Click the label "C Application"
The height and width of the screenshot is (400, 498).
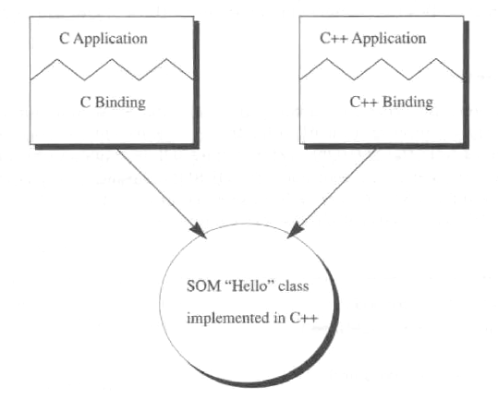103,39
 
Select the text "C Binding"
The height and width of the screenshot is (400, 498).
113,103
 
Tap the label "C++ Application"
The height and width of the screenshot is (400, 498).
373,39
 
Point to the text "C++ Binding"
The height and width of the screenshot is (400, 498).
392,103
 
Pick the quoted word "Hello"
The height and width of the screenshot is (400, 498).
249,286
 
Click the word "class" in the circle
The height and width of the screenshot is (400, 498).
294,286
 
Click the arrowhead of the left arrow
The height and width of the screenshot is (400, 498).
199,230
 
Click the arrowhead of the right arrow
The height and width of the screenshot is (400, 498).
296,230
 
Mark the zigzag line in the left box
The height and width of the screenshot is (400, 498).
112,69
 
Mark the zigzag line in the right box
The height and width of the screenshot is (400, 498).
382,69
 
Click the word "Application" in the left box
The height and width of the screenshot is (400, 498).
111,40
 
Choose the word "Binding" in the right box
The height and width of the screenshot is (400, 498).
407,103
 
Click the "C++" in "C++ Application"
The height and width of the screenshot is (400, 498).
334,38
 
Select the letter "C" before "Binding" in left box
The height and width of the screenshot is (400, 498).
85,103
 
